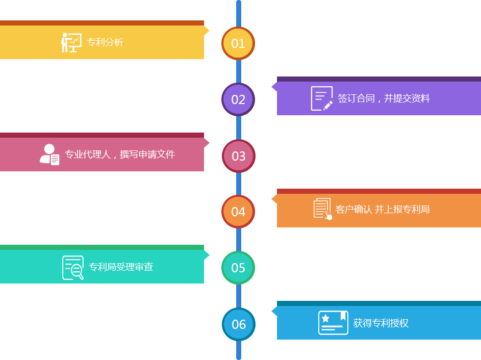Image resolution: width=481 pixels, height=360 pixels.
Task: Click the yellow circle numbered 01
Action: point(238,43)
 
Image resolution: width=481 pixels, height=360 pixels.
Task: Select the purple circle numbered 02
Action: point(238,99)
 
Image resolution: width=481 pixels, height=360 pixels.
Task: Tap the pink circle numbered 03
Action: point(239,156)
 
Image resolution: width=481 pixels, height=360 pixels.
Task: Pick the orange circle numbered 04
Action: point(238,212)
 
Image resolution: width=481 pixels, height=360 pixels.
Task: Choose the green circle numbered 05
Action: point(238,268)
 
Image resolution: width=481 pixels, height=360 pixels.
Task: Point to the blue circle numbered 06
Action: point(239,324)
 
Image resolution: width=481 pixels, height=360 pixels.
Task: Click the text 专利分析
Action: point(105,42)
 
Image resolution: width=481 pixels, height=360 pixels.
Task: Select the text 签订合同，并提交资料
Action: point(384,98)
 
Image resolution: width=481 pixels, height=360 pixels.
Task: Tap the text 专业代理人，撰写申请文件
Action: point(120,154)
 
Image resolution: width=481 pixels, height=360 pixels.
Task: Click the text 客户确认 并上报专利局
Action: point(382,210)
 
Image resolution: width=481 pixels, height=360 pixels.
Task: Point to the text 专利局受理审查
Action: point(121,267)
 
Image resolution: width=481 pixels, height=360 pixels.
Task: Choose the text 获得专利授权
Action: point(381,323)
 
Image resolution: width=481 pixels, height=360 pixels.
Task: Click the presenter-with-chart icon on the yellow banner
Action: point(71,42)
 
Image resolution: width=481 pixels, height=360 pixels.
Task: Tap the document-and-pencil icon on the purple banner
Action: point(322,98)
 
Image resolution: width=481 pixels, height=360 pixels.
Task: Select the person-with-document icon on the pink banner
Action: point(49,155)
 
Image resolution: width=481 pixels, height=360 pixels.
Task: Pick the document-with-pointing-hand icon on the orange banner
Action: point(323,209)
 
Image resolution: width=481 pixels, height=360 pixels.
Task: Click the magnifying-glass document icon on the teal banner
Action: point(73,268)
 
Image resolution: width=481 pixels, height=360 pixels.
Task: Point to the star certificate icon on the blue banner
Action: point(333,323)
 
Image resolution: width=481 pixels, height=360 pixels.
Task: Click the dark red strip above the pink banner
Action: point(102,135)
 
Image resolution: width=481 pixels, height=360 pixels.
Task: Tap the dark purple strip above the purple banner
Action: point(379,79)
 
